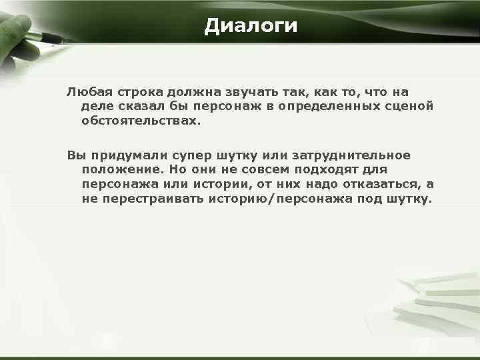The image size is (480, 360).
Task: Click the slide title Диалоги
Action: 251,26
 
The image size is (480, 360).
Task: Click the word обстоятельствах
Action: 140,121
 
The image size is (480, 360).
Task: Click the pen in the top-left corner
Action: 33,30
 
